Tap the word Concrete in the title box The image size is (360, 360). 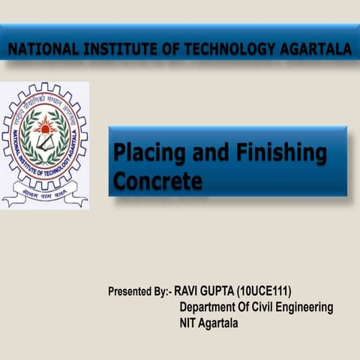point(157,181)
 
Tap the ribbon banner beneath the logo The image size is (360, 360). point(45,198)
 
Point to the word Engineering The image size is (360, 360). point(307,307)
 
